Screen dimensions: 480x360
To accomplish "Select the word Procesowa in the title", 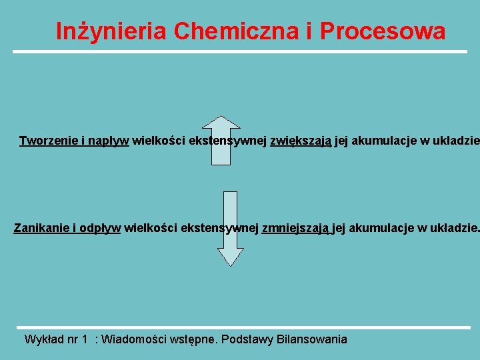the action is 383,31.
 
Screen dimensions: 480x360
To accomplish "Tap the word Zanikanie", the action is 41,229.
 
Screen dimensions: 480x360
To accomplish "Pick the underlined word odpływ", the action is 99,229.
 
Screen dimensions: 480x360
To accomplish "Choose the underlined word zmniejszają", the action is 295,229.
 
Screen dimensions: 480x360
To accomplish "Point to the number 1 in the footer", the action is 84,339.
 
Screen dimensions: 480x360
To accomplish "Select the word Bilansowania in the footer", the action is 312,339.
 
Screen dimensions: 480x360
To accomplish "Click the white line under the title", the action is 240,51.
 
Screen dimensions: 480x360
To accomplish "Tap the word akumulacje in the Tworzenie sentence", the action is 378,141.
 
